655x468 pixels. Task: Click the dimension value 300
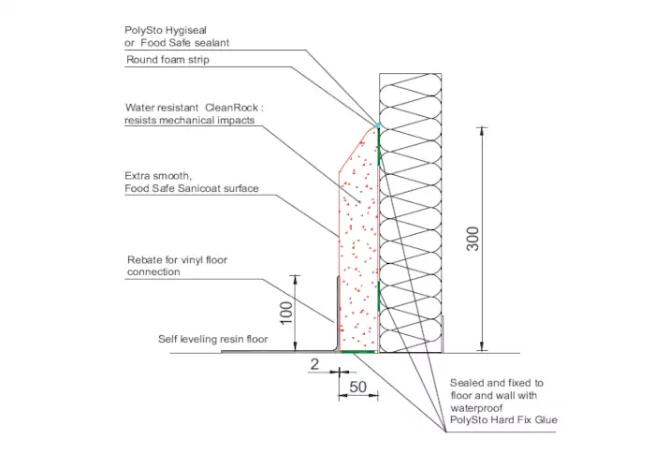tap(473, 239)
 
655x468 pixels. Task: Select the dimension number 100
tap(286, 313)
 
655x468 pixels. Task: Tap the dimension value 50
tap(358, 387)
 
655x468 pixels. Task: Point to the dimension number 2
tap(314, 364)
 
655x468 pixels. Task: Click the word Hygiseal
tap(186, 31)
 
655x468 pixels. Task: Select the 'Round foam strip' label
tap(167, 60)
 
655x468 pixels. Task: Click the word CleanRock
tap(232, 108)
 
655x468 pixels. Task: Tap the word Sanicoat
tap(198, 188)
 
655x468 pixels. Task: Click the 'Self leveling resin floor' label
tap(213, 339)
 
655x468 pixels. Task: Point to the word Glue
tap(546, 420)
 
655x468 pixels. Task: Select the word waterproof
tap(476, 408)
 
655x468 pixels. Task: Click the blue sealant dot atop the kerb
tap(378, 124)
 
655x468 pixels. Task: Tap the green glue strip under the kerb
tap(357, 352)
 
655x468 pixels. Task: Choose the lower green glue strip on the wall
tap(379, 297)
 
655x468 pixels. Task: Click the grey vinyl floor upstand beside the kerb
tap(338, 314)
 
